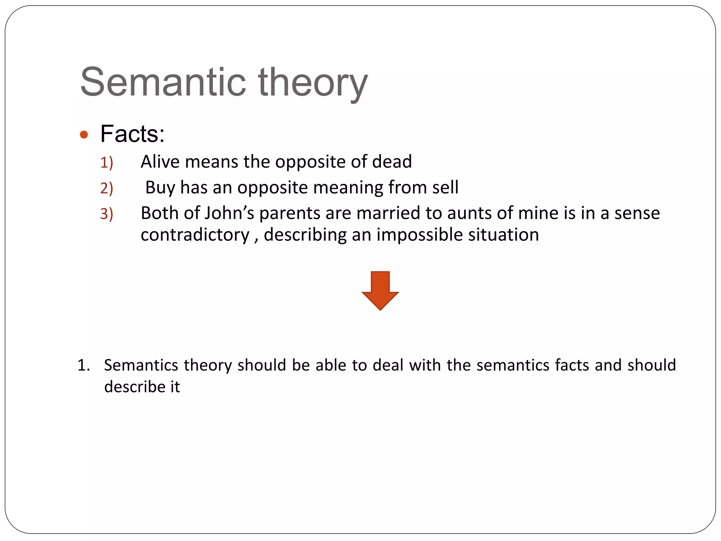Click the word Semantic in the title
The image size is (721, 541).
pyautogui.click(x=163, y=82)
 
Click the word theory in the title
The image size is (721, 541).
pyautogui.click(x=313, y=83)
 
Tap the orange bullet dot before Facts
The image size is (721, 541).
pyautogui.click(x=84, y=135)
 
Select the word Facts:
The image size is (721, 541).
pyautogui.click(x=132, y=134)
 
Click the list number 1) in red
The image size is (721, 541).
pyautogui.click(x=107, y=163)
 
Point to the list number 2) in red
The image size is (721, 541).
pyautogui.click(x=107, y=188)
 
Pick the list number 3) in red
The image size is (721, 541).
pyautogui.click(x=107, y=214)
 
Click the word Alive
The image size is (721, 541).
pyautogui.click(x=160, y=162)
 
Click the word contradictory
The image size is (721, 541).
pyautogui.click(x=195, y=235)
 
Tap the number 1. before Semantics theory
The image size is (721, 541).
pyautogui.click(x=84, y=365)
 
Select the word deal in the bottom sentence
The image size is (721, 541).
pyautogui.click(x=388, y=365)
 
